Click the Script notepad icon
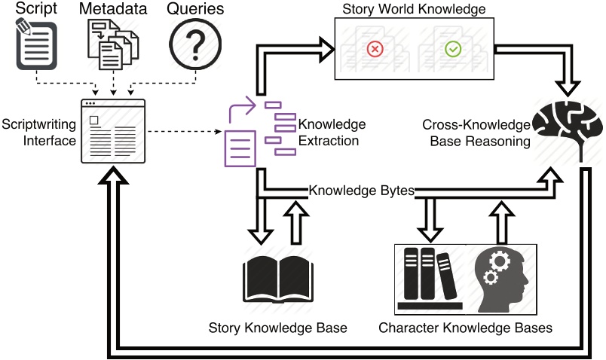tap(36, 44)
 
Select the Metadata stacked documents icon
tap(113, 44)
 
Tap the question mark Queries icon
tap(195, 44)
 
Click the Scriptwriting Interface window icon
tap(113, 131)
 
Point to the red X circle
tap(375, 49)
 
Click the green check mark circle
tap(453, 49)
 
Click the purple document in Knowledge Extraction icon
tap(240, 148)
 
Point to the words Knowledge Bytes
tap(361, 191)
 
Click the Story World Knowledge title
tap(414, 9)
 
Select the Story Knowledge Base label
tap(277, 328)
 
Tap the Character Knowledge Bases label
tap(465, 328)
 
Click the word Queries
tap(195, 8)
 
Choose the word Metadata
tap(113, 8)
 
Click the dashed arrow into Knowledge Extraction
tap(185, 132)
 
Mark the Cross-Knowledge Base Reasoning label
tap(476, 133)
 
